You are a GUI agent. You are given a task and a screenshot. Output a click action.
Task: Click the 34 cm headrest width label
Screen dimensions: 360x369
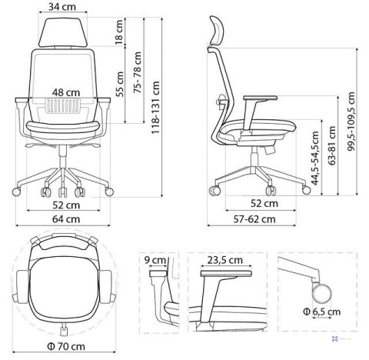pos(65,8)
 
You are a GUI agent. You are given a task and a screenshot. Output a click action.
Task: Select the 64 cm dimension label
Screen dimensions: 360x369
pos(65,218)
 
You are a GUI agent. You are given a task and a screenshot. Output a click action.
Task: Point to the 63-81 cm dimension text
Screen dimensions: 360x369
pos(331,143)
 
